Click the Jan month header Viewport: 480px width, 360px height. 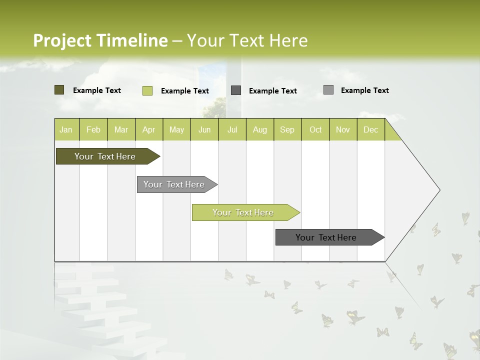(x=66, y=129)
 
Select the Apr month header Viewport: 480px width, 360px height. (x=149, y=129)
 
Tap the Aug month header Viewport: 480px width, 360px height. (x=260, y=129)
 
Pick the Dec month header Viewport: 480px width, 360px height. (x=370, y=129)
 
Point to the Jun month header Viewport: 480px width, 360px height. (x=204, y=129)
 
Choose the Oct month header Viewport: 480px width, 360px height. (x=315, y=129)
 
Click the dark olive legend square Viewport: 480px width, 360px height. (x=59, y=90)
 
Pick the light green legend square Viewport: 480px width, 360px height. (x=147, y=90)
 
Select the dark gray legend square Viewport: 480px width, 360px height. (x=236, y=90)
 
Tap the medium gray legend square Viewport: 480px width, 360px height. (x=328, y=90)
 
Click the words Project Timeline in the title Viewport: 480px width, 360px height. (x=100, y=40)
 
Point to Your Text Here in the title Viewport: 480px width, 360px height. (x=247, y=40)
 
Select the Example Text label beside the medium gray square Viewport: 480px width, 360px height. (x=364, y=90)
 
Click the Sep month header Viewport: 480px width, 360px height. (x=287, y=129)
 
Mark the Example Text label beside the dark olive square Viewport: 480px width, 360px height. (x=97, y=90)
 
